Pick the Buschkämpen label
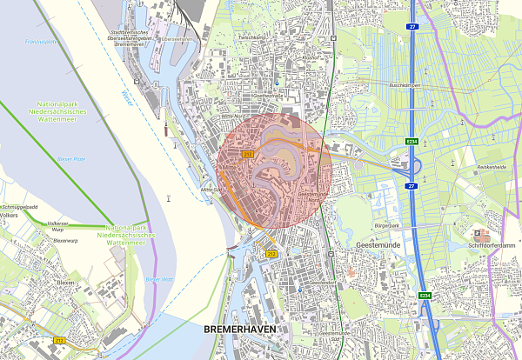pyautogui.click(x=405, y=85)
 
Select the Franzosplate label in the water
pyautogui.click(x=40, y=42)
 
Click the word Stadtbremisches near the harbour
pyautogui.click(x=124, y=34)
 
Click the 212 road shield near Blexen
pyautogui.click(x=59, y=339)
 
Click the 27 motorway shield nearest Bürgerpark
pyautogui.click(x=410, y=185)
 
